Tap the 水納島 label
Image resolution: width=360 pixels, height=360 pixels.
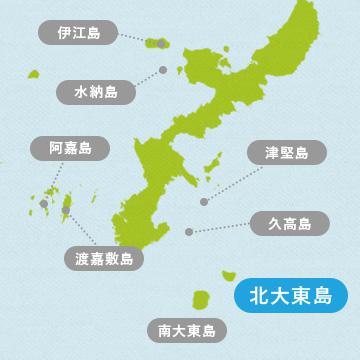(x=96, y=91)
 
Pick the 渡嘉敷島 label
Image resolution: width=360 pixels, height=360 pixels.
(x=103, y=258)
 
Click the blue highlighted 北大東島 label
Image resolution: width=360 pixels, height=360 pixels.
(x=290, y=296)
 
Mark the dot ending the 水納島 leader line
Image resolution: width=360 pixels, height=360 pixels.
(x=162, y=70)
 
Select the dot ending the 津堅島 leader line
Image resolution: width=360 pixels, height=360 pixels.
(x=204, y=202)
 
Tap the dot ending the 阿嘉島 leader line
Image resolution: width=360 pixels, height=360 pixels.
(x=45, y=204)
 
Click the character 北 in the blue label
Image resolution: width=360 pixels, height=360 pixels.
(x=259, y=296)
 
